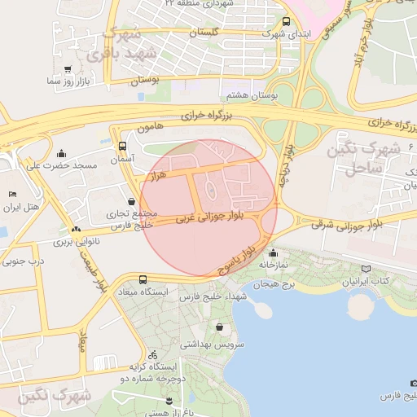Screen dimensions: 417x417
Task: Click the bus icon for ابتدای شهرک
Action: tap(285, 22)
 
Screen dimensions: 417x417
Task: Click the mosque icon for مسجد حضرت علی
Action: tap(62, 153)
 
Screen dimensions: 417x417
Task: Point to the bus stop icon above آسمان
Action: tap(122, 147)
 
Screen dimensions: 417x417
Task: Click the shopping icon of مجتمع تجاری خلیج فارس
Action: tap(132, 201)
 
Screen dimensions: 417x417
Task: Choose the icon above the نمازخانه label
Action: tap(272, 252)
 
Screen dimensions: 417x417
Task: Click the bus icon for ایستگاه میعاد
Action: tap(143, 279)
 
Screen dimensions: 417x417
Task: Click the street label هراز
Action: tap(157, 175)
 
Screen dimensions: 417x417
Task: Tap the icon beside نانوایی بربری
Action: tap(77, 230)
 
